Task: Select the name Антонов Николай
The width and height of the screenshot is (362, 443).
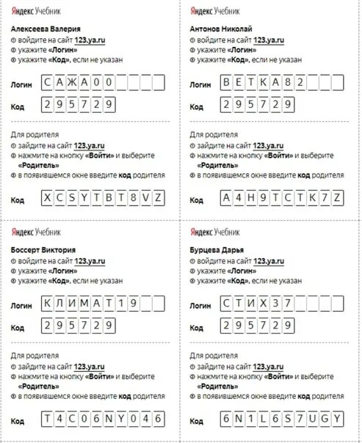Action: point(220,27)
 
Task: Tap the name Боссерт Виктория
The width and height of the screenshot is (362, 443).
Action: point(43,250)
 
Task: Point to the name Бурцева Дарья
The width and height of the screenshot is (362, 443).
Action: point(214,250)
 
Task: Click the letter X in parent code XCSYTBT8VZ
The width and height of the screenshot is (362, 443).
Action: point(48,199)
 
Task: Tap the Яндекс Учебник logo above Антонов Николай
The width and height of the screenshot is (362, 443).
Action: point(214,12)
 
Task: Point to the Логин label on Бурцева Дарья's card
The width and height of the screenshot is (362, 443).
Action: point(200,304)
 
